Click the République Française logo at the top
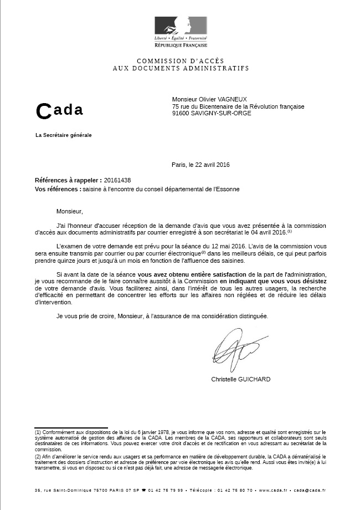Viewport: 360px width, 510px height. [x=181, y=31]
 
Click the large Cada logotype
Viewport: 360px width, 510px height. [x=59, y=110]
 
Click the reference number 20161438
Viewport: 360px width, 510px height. [x=117, y=181]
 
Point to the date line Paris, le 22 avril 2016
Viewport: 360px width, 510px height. [x=200, y=165]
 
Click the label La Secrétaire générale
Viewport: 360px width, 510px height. [x=63, y=135]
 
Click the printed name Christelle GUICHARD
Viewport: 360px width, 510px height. [x=241, y=380]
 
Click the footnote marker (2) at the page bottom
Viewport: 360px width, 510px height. [x=38, y=456]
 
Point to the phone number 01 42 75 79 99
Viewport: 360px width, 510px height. [x=164, y=490]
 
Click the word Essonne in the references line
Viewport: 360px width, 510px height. [x=228, y=189]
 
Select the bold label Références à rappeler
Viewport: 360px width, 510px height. [x=68, y=181]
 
